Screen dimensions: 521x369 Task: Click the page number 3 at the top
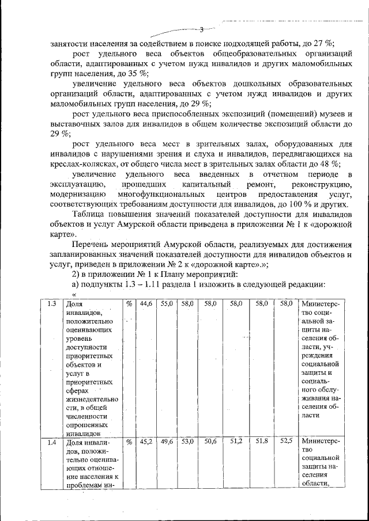(202, 29)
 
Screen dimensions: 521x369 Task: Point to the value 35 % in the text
(138, 74)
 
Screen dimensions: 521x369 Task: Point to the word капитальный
(205, 184)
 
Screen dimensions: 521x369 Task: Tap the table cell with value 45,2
(146, 442)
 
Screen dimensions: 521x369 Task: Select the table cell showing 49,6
(167, 442)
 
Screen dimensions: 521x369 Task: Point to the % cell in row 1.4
(129, 442)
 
